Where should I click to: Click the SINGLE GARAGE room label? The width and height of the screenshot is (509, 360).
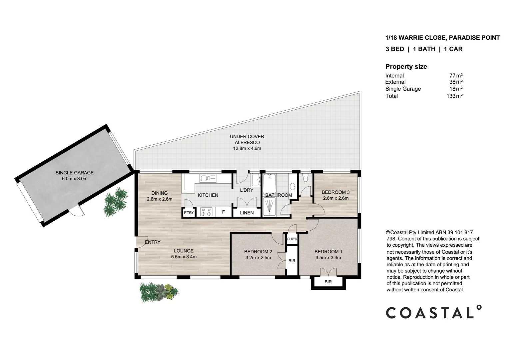point(74,173)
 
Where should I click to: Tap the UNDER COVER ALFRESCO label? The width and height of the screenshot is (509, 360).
point(247,139)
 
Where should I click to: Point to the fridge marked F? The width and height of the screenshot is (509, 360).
point(223,212)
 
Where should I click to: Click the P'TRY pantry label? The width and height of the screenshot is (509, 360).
point(189,213)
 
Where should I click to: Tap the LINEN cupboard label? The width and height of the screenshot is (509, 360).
point(247,213)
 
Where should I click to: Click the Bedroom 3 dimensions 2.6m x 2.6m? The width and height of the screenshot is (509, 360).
point(335,198)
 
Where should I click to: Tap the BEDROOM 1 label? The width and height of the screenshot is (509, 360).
point(328,252)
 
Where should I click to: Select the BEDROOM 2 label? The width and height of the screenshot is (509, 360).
point(258,252)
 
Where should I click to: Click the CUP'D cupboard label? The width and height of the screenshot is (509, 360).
point(292,239)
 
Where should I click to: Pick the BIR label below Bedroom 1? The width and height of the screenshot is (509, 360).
point(328,282)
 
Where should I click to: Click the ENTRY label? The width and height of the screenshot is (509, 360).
point(153,242)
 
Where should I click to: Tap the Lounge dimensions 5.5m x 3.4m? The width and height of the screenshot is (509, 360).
point(184,257)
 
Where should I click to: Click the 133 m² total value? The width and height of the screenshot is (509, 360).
point(454,96)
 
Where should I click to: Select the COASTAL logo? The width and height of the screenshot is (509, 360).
point(433,312)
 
